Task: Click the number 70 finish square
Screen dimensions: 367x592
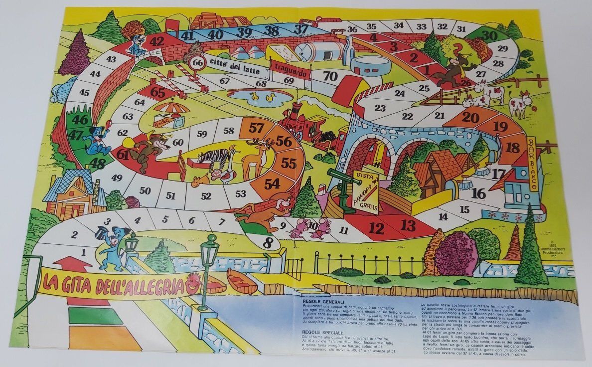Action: (330, 76)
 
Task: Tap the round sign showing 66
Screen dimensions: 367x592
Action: (198, 62)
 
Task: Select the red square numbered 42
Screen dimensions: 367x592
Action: (157, 41)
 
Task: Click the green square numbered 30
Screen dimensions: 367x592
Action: (490, 35)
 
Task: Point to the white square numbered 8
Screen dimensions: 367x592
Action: (269, 243)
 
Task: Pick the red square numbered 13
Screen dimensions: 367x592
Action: (408, 226)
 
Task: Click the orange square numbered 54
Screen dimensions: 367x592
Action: (272, 183)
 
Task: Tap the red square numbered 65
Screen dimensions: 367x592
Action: (157, 93)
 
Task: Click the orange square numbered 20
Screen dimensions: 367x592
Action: (470, 118)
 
